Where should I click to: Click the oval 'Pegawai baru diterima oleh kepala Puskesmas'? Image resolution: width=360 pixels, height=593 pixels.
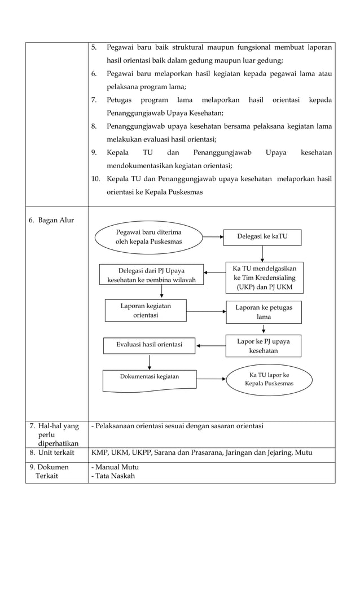point(149,237)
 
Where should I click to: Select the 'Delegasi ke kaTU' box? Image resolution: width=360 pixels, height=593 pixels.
point(262,237)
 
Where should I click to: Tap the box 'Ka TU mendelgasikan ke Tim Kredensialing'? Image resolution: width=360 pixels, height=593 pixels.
point(264,278)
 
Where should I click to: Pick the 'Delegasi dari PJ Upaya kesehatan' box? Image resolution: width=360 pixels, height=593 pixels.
point(151,274)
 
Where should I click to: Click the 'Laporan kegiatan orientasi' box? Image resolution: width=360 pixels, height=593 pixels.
point(146,310)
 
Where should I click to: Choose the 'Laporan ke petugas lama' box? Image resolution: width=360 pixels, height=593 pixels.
point(264,312)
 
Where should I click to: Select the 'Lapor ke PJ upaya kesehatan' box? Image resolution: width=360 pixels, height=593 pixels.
point(264,346)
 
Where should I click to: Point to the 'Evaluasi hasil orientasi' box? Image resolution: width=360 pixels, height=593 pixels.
point(149,345)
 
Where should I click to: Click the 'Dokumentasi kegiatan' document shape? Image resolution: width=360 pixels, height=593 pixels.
point(150,380)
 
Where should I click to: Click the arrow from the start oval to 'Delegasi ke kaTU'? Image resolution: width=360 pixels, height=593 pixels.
point(213,238)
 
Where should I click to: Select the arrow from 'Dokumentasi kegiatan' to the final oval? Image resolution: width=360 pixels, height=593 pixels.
point(211,379)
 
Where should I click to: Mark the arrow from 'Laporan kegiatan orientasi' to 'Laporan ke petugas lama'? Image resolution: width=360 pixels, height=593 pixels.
point(206,311)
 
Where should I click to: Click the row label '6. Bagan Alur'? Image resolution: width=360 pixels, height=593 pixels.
point(51,219)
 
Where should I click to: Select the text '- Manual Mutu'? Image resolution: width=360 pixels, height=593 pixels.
point(115,467)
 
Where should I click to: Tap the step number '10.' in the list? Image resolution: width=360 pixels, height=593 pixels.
point(95,179)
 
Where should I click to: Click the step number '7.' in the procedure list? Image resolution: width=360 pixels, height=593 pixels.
point(94,100)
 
